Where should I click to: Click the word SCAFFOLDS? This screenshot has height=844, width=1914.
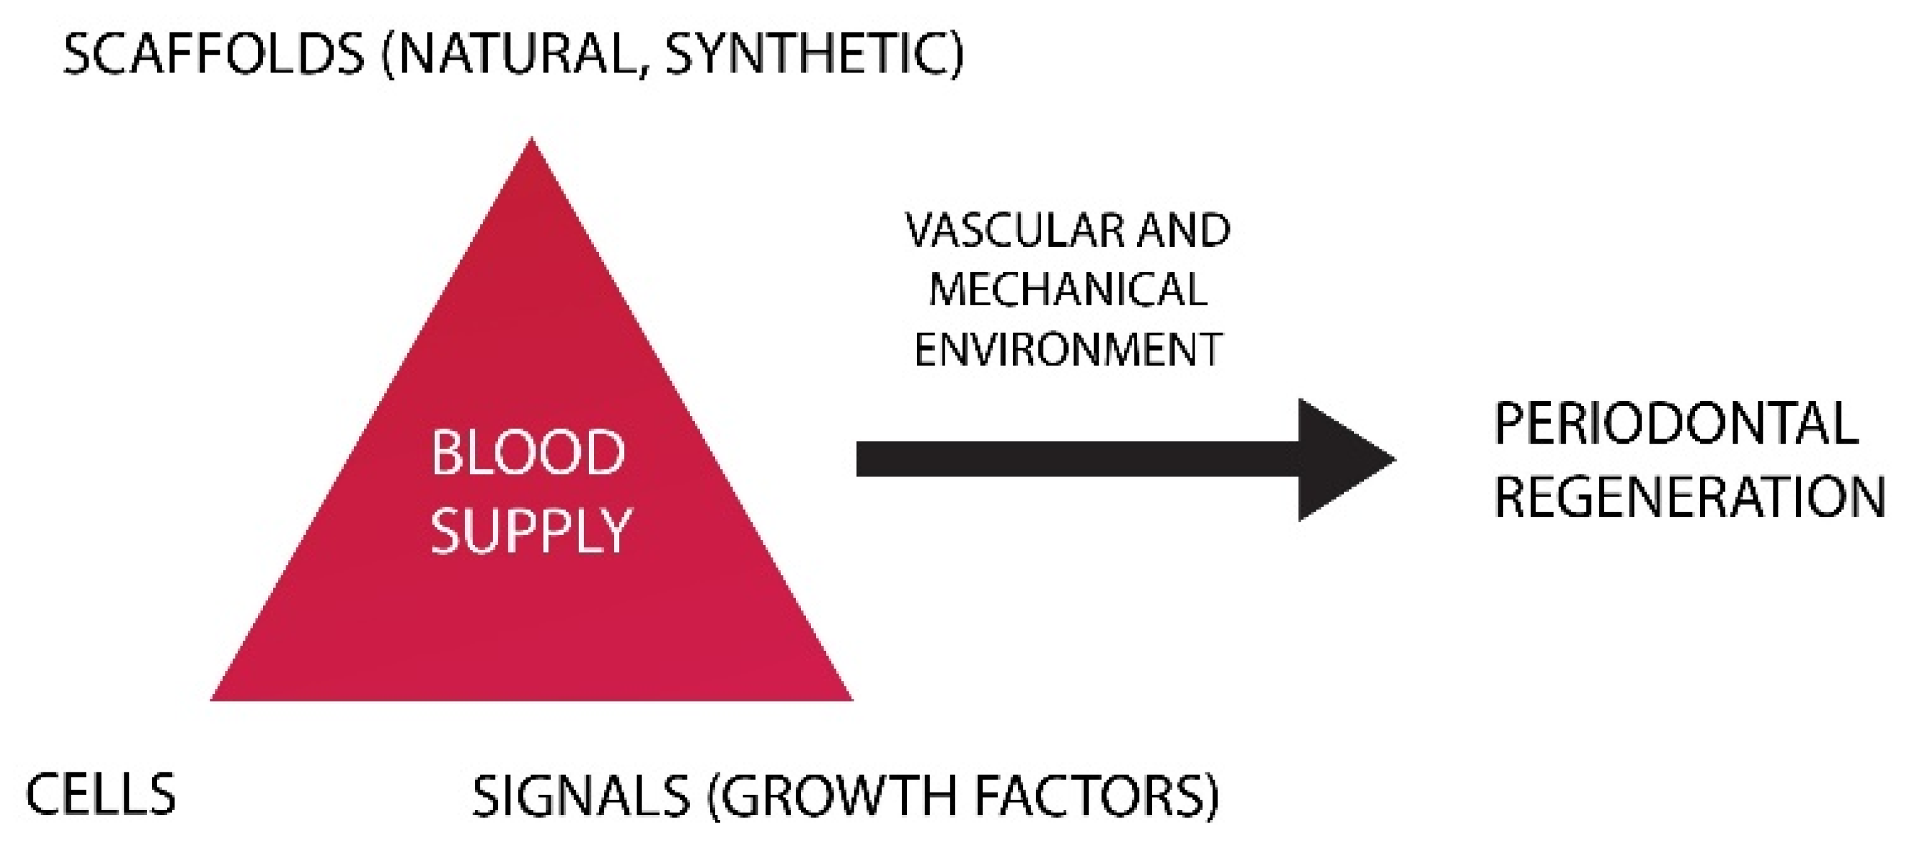[x=213, y=54]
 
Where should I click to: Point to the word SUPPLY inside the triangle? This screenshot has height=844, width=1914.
[x=530, y=531]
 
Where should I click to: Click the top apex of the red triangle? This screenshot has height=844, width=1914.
[x=531, y=141]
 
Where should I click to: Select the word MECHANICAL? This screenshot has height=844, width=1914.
[x=1068, y=289]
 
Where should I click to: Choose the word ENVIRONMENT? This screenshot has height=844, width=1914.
[x=1068, y=349]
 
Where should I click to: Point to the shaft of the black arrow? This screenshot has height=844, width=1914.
[x=1077, y=459]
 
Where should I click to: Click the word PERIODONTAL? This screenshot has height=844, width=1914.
[x=1675, y=424]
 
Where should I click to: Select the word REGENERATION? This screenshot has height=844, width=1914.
[x=1689, y=496]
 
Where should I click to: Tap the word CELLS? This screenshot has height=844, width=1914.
[x=101, y=794]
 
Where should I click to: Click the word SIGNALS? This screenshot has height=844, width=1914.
[x=581, y=796]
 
